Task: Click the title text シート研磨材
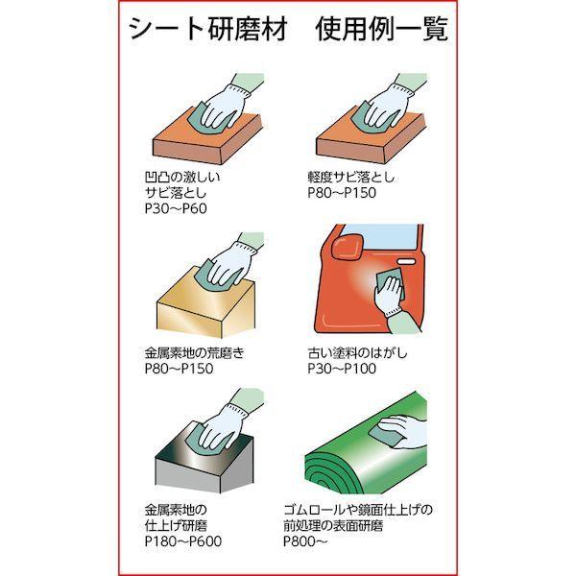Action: [208, 30]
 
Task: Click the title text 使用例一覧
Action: [382, 30]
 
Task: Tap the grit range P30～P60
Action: [176, 208]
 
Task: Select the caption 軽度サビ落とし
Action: [350, 177]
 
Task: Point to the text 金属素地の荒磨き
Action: [195, 353]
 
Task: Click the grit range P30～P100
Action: [342, 369]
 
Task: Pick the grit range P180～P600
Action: [183, 541]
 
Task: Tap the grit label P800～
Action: [305, 541]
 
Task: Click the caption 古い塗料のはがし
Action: [357, 353]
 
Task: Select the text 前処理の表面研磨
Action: [333, 526]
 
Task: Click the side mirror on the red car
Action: [348, 248]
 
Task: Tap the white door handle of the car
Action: [406, 262]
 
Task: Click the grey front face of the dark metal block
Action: [187, 476]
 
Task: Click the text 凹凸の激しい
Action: [182, 177]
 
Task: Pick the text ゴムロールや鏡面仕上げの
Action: [358, 510]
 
